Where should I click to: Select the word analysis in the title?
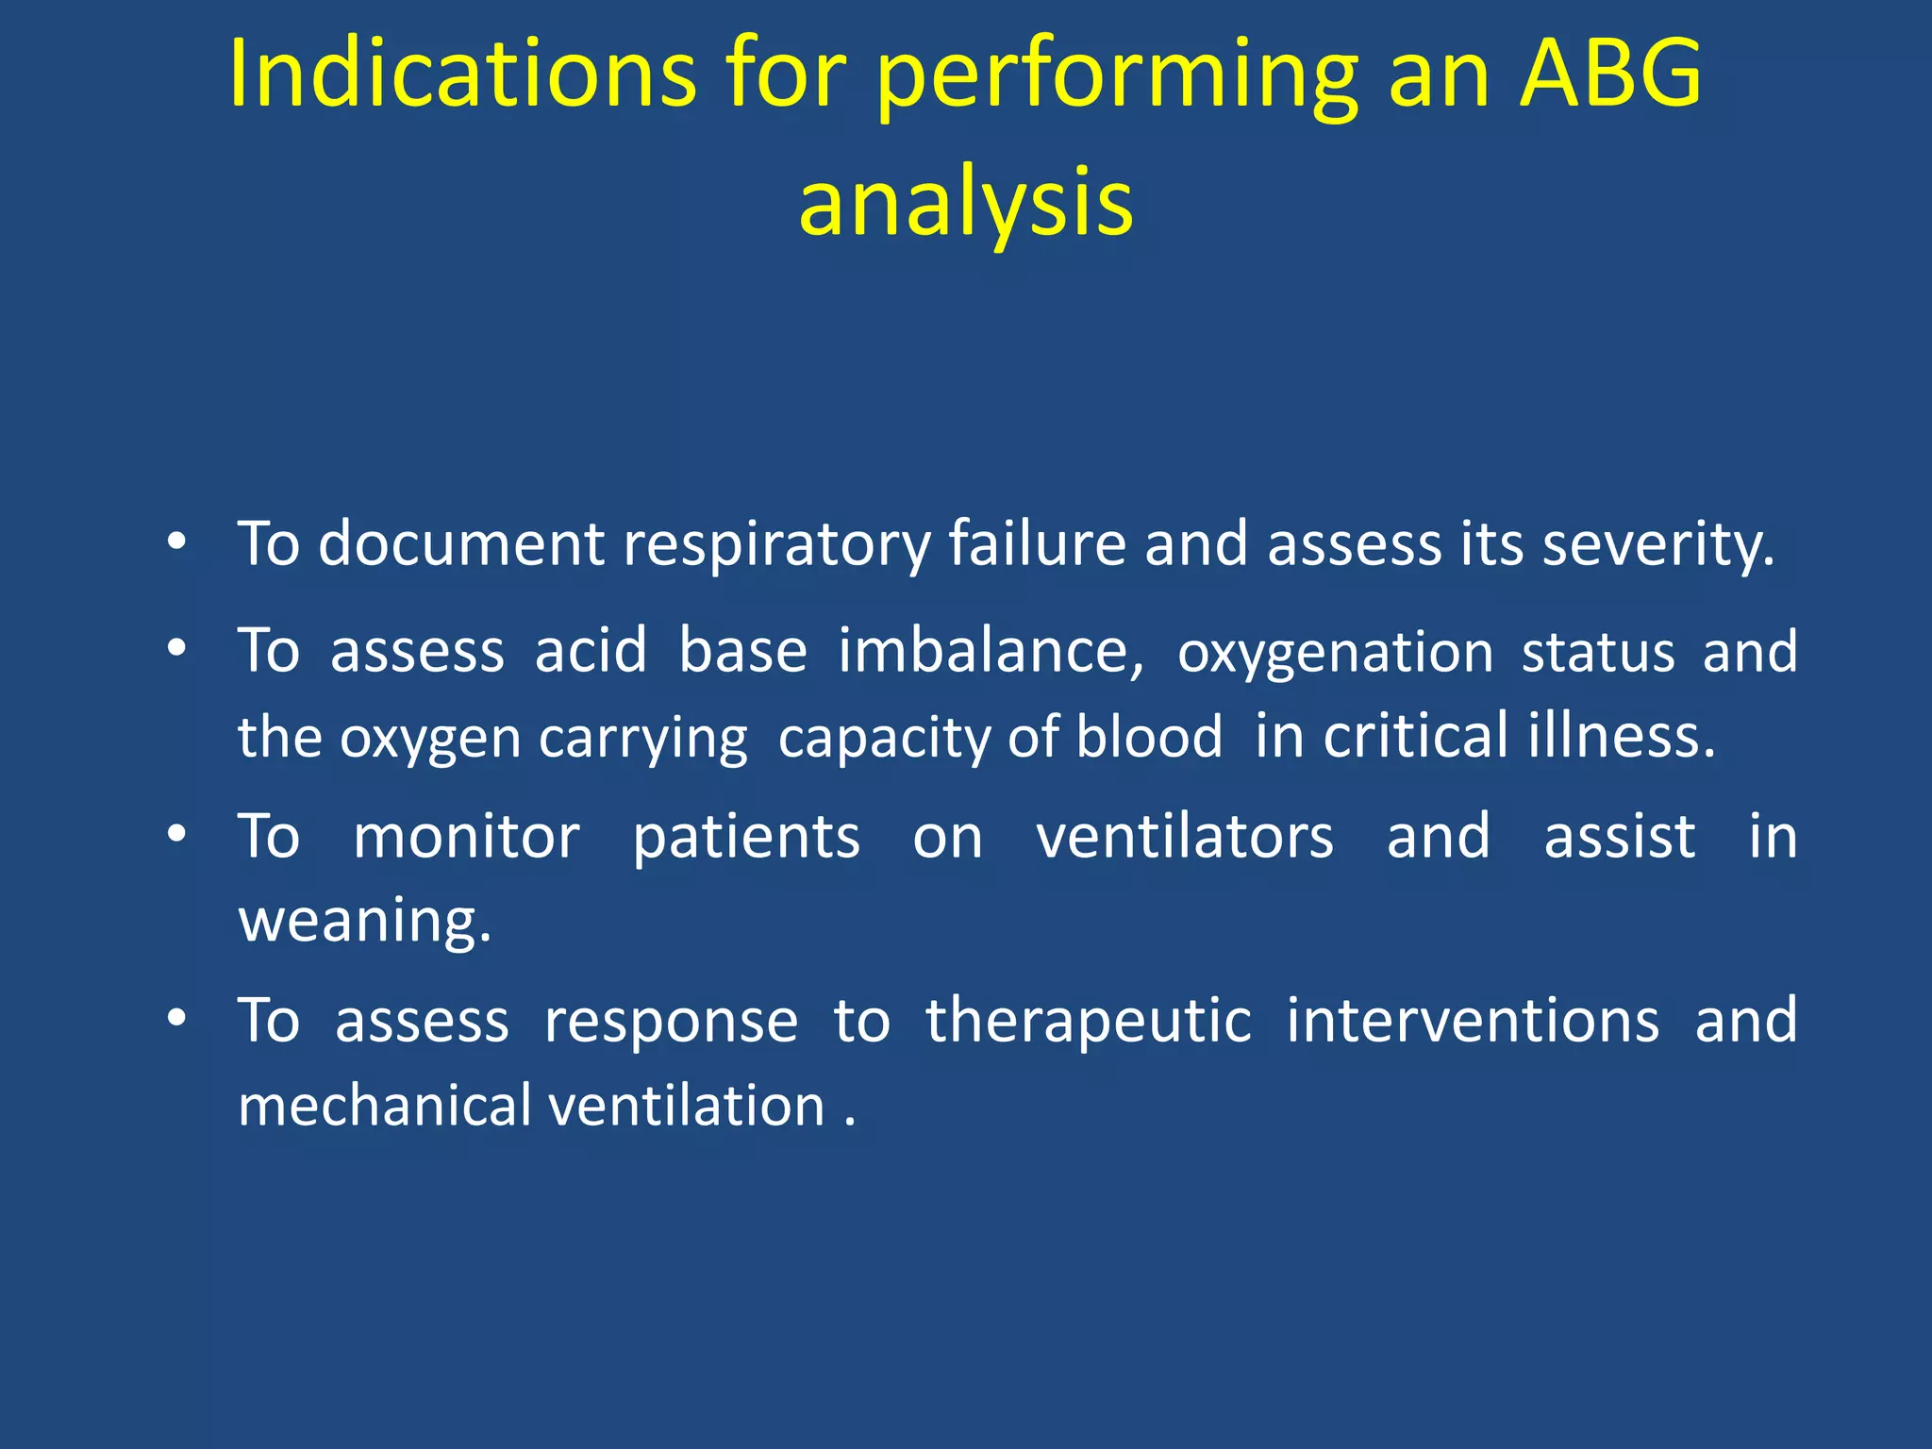click(x=965, y=204)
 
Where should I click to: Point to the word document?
click(x=460, y=544)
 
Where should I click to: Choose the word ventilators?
click(x=1185, y=837)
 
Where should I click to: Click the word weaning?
click(x=364, y=922)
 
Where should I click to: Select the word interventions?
click(x=1473, y=1021)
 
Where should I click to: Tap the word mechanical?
click(x=385, y=1106)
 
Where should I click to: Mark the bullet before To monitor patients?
click(x=175, y=835)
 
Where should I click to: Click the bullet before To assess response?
click(x=175, y=1019)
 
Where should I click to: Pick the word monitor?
click(x=466, y=837)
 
